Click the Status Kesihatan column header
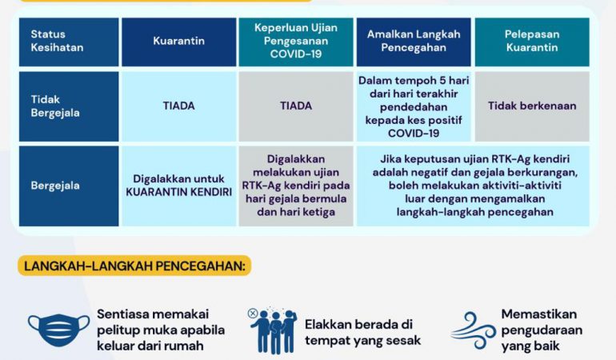(69, 42)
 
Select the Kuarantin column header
(178, 42)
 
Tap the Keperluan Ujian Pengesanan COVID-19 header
(296, 42)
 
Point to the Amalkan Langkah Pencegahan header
(414, 42)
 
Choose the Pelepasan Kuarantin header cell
(532, 42)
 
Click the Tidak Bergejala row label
(69, 106)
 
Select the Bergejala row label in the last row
(69, 186)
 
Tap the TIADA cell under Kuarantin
(178, 106)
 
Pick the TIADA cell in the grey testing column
(296, 106)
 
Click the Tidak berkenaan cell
(532, 106)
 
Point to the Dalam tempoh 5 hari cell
(414, 106)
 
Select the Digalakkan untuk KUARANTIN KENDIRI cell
(178, 186)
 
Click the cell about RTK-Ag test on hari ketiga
(296, 186)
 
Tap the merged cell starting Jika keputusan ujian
(473, 186)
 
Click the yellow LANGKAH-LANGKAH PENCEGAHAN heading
(134, 266)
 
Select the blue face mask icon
(59, 330)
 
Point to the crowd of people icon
(273, 330)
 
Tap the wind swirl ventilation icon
(474, 330)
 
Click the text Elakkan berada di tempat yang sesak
(362, 333)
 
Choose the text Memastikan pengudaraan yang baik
(542, 330)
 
